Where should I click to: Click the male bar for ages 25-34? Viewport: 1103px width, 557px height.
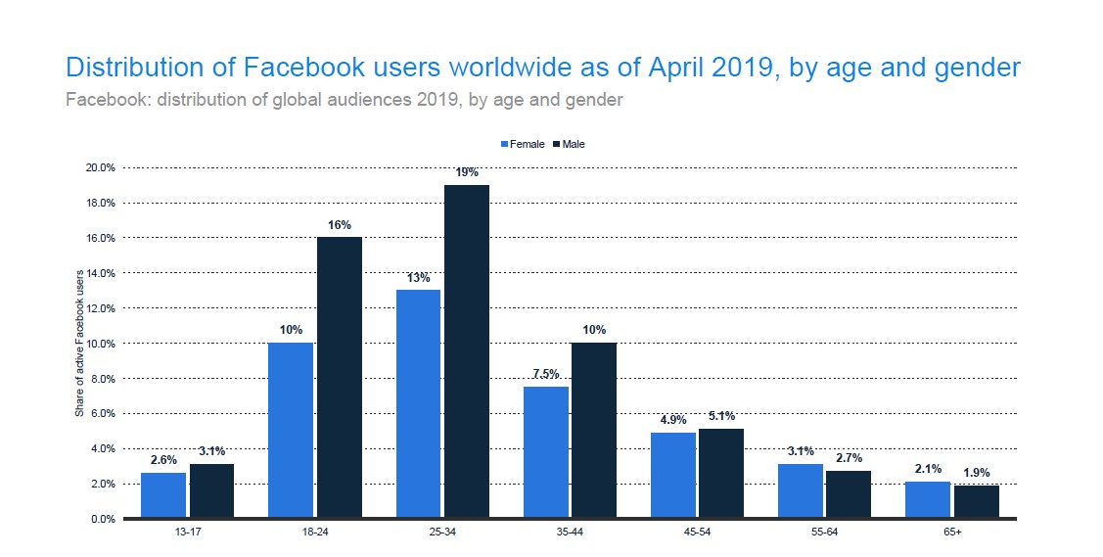(467, 351)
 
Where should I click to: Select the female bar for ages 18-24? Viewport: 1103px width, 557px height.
(290, 430)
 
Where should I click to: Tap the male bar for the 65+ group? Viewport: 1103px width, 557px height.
(976, 501)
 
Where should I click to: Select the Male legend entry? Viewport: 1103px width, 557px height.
(569, 144)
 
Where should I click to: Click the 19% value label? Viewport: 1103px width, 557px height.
(467, 172)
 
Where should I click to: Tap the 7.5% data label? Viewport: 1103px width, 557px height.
(545, 373)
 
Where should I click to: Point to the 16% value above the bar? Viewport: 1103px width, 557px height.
(339, 225)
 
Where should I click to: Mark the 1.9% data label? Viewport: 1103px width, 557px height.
(976, 473)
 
